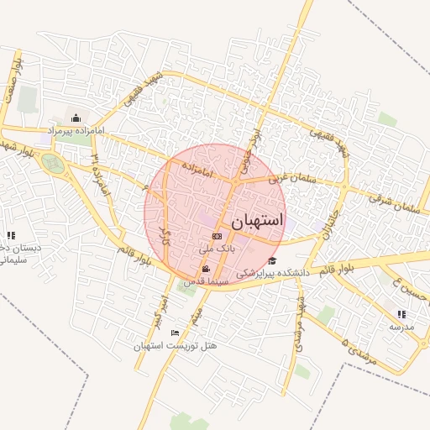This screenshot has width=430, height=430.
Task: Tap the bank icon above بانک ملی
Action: click(217, 237)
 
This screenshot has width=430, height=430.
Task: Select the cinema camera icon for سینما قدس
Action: click(206, 269)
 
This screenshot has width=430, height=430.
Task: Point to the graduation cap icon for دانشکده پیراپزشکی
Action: click(272, 260)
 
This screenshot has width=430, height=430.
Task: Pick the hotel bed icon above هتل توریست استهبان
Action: click(175, 333)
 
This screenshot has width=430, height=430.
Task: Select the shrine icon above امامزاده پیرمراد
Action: click(76, 118)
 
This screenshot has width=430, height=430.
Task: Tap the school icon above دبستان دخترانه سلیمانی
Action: click(11, 236)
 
